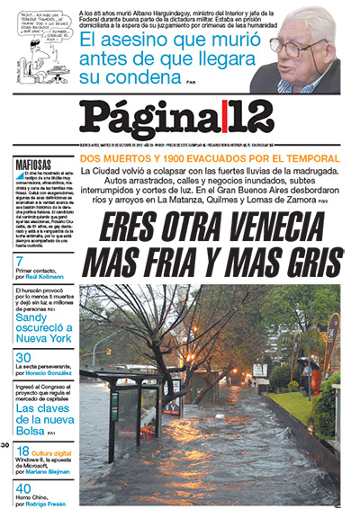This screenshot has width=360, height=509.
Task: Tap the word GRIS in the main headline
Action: click(306, 262)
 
